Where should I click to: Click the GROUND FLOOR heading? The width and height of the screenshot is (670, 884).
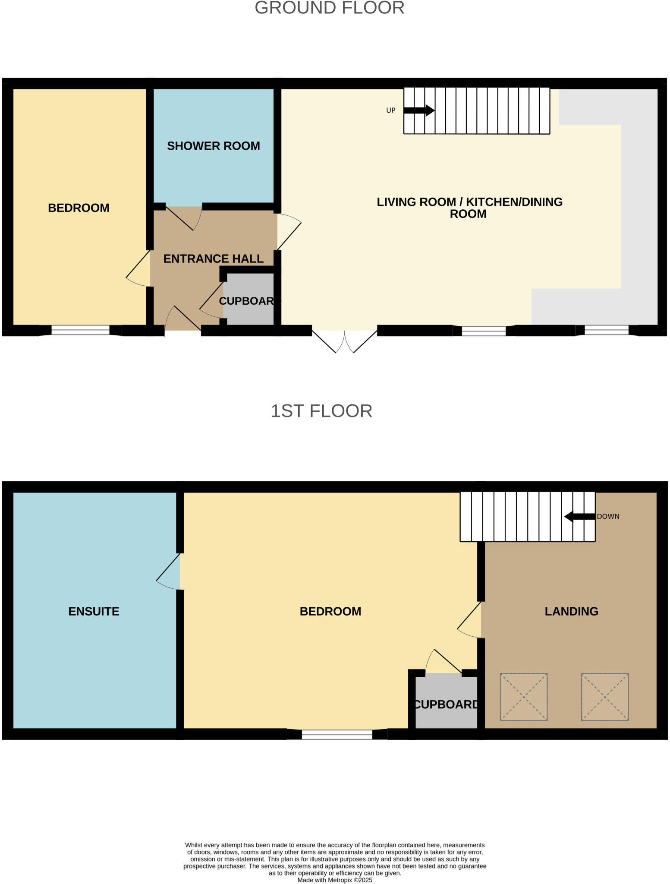coord(329,8)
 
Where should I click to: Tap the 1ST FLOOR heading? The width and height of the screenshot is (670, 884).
coord(321,411)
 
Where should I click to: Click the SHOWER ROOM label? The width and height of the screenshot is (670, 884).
coord(213,146)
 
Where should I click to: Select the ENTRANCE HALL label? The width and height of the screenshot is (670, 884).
coord(213,259)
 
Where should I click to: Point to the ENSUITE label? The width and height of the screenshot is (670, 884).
coord(94,611)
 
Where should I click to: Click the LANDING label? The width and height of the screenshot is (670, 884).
coord(571,611)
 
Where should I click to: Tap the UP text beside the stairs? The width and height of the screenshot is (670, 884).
coord(390,110)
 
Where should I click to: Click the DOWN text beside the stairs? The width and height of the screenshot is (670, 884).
coord(608,517)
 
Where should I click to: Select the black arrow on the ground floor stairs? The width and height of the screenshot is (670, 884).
coord(419,110)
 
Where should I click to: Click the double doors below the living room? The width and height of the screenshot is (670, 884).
coord(345,341)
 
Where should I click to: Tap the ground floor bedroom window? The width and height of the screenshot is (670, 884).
coord(80,331)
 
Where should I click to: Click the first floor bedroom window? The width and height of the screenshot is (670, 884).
coord(337,735)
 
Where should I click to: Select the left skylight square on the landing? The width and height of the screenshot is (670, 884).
coord(523,697)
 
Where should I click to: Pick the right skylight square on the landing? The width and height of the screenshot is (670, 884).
coord(604,697)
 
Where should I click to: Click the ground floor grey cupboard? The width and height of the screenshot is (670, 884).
coord(248,301)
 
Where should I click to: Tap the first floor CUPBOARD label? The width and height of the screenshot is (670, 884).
coord(446,704)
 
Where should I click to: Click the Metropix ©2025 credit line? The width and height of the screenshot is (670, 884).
coord(334,880)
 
